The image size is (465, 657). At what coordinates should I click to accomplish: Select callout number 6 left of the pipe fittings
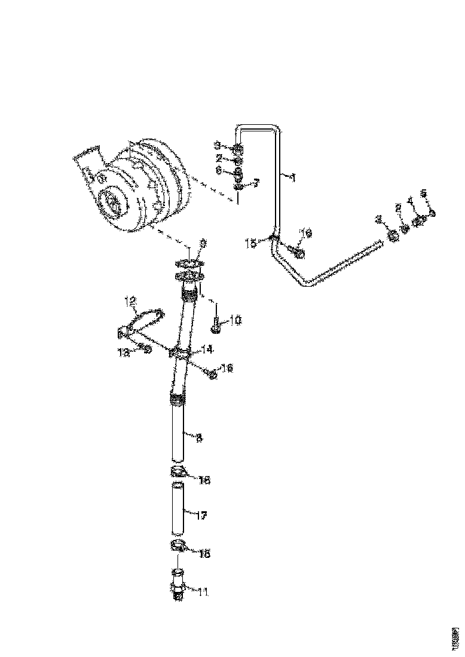[219, 170]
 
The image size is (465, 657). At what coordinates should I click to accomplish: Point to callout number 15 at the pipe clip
[250, 243]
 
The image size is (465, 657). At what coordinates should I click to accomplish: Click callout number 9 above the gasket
[203, 243]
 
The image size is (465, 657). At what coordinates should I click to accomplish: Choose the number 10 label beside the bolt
[235, 321]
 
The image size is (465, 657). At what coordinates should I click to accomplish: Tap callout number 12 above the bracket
[131, 301]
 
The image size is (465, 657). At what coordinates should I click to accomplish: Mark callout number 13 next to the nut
[124, 353]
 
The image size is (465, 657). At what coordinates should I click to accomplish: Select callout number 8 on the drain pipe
[199, 438]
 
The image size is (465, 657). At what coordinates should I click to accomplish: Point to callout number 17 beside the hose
[201, 515]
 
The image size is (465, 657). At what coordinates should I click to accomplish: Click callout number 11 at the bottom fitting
[203, 592]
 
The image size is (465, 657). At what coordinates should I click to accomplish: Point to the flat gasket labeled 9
[190, 263]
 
